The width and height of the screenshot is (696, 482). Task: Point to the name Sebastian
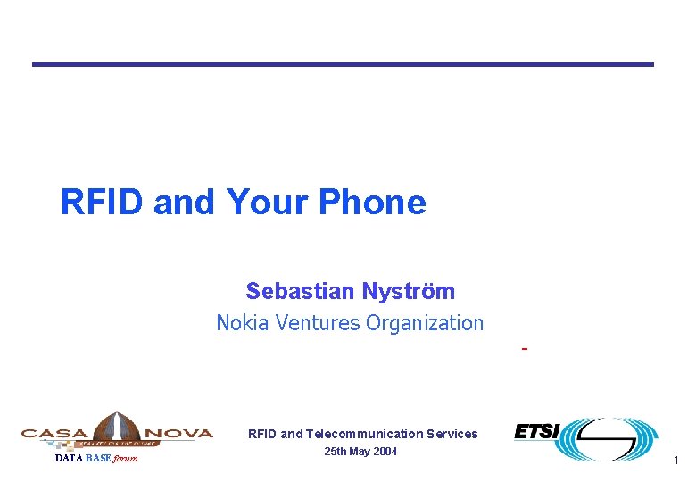pos(300,291)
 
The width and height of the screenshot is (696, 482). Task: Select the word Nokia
pos(242,323)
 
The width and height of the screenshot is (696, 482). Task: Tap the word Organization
pos(425,323)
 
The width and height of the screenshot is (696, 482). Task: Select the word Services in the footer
pos(452,434)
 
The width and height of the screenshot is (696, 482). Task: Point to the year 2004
pos(385,452)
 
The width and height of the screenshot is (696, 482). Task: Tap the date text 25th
pos(336,452)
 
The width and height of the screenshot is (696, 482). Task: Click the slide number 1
pos(677,461)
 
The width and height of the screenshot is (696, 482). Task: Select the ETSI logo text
pos(536,432)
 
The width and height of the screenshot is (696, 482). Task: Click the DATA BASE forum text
pos(96,459)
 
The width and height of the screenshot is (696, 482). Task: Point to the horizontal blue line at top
pos(343,64)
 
